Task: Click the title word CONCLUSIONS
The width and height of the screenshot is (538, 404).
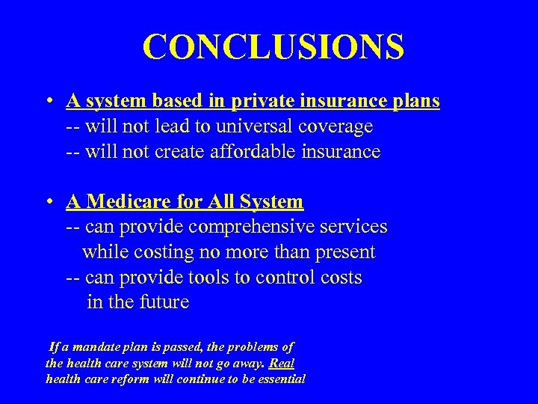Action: click(273, 47)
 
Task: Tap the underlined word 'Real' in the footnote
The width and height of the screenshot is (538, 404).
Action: click(281, 364)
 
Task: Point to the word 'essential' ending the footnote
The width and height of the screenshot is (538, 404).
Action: click(277, 379)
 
